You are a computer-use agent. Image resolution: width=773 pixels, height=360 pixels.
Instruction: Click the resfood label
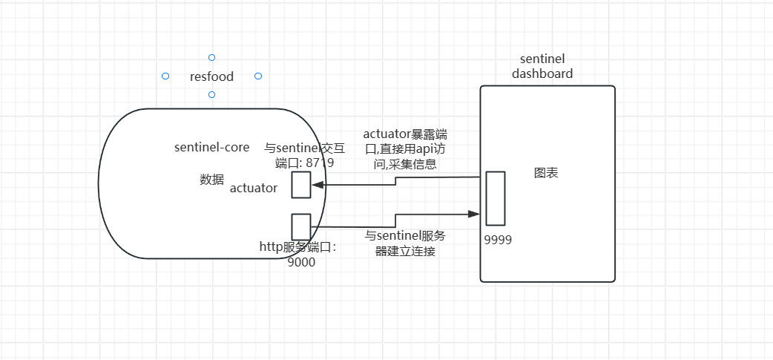pyautogui.click(x=211, y=76)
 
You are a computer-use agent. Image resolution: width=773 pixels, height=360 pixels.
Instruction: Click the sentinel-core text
pyautogui.click(x=211, y=147)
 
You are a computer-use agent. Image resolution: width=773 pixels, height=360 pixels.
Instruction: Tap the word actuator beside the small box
pyautogui.click(x=254, y=188)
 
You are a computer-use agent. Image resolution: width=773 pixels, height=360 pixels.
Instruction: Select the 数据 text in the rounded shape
pyautogui.click(x=211, y=179)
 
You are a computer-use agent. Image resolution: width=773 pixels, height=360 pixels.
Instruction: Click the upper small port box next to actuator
pyautogui.click(x=300, y=185)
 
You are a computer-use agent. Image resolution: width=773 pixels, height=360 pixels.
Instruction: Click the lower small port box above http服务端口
pyautogui.click(x=300, y=227)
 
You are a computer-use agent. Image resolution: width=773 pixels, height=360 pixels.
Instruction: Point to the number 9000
pyautogui.click(x=301, y=261)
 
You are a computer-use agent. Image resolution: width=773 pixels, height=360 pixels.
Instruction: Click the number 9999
pyautogui.click(x=498, y=240)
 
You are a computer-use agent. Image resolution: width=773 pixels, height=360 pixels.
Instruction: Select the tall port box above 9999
pyautogui.click(x=495, y=198)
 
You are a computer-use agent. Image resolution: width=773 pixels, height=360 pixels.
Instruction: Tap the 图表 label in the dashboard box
pyautogui.click(x=546, y=173)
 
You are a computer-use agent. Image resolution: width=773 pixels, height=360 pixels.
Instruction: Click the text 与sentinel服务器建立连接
pyautogui.click(x=405, y=243)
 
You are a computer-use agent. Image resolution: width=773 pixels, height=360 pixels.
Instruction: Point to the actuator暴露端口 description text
pyautogui.click(x=405, y=149)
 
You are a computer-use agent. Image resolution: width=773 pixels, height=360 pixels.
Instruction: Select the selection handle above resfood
pyautogui.click(x=211, y=57)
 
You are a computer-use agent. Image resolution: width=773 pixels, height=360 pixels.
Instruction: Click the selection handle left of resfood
pyautogui.click(x=165, y=76)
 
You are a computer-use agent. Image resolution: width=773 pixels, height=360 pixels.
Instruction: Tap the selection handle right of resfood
pyautogui.click(x=258, y=76)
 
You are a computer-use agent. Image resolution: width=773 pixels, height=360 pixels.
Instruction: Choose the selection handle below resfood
pyautogui.click(x=211, y=94)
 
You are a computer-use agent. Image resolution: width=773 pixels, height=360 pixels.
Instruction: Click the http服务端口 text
pyautogui.click(x=297, y=247)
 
